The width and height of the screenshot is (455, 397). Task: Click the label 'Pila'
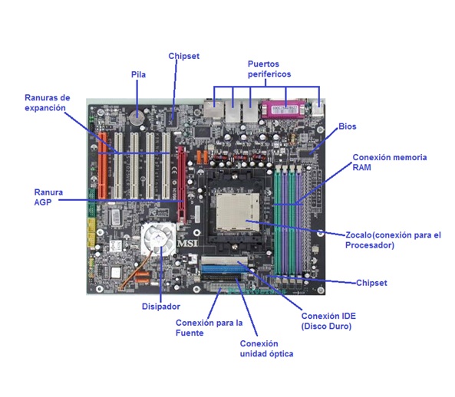pos(138,74)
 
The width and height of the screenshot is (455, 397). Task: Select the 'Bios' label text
pos(347,126)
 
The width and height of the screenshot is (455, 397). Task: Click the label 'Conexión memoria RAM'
pos(389,162)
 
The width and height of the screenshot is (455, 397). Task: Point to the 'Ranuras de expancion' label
pos(47,103)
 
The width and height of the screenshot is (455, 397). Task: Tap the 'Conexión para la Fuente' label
pos(209,327)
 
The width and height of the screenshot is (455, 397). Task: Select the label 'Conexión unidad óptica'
pos(266,349)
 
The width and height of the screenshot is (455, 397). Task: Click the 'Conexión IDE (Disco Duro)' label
pos(328,320)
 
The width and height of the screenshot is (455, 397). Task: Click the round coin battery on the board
pos(138,118)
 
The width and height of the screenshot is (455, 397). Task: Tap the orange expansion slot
pos(102,172)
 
